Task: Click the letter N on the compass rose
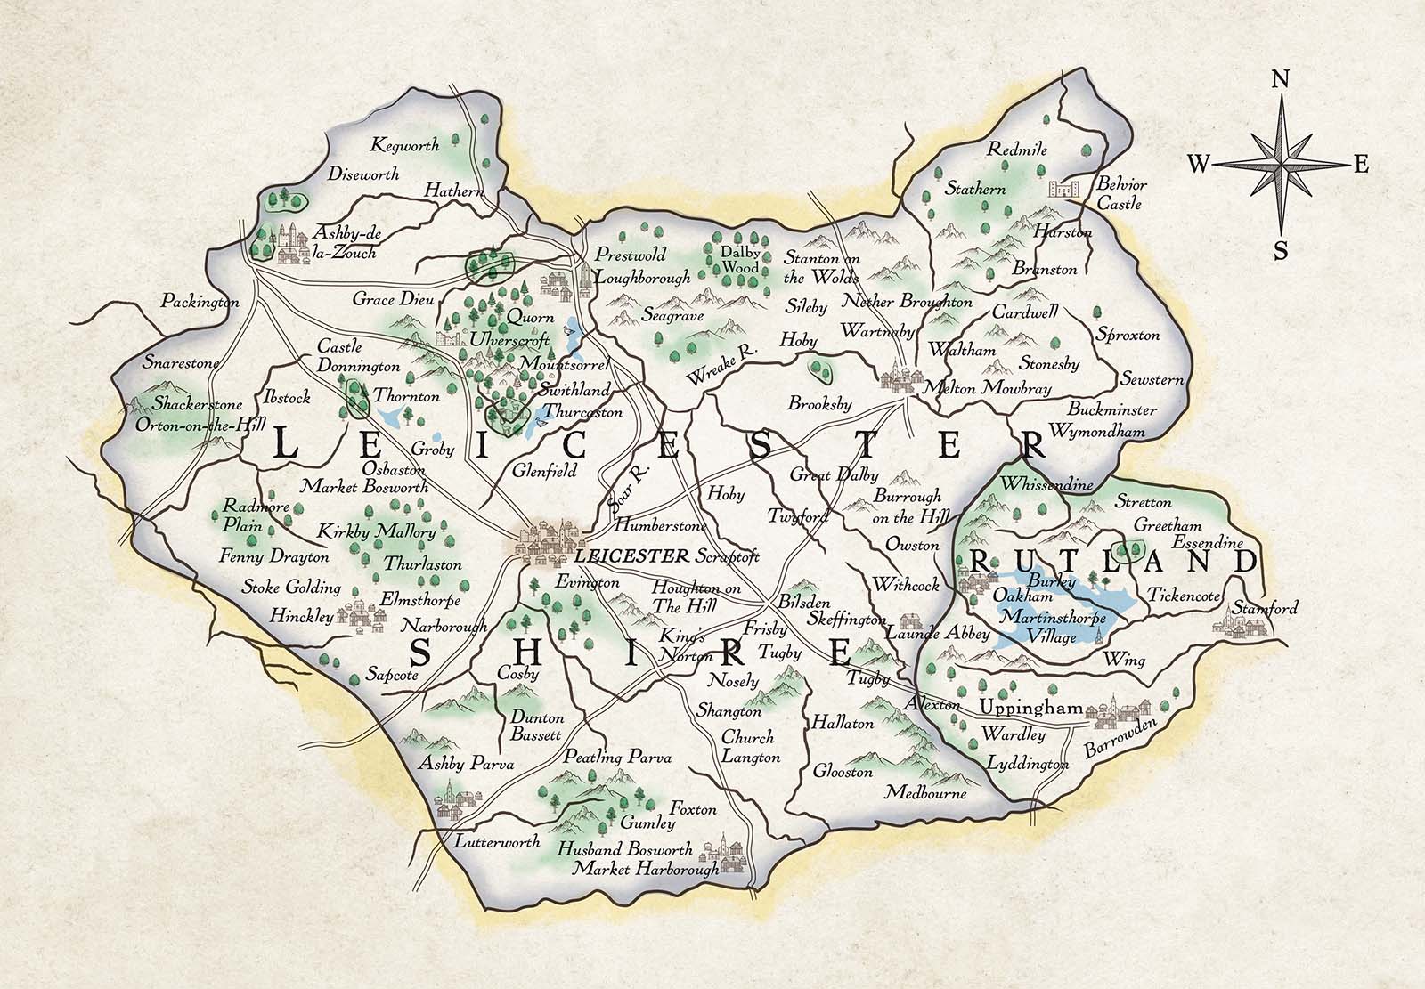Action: [1281, 79]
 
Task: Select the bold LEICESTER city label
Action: [632, 556]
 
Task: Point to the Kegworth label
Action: [406, 145]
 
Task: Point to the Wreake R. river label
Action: [721, 365]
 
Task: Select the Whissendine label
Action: [1033, 485]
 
